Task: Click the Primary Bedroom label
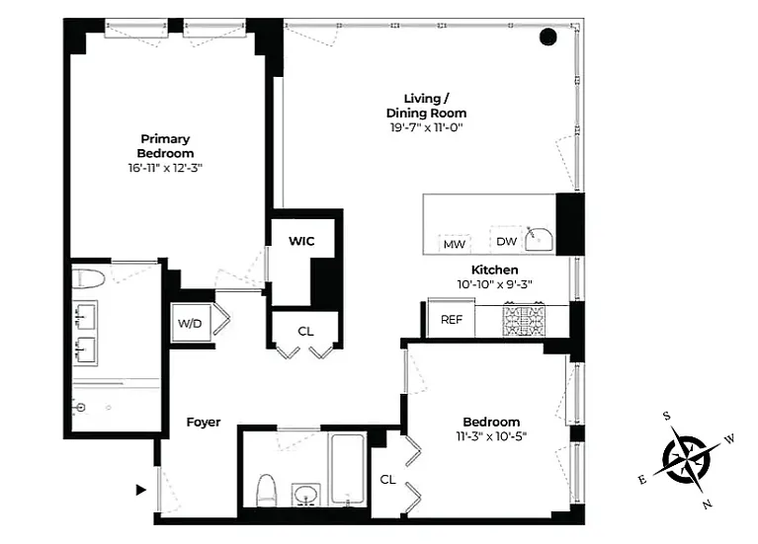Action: [165, 146]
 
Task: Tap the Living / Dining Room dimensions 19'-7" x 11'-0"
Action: [426, 127]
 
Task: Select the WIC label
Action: [301, 241]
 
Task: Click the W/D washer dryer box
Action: [191, 323]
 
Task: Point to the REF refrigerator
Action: [452, 319]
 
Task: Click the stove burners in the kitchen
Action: [524, 320]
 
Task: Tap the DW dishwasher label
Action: [506, 241]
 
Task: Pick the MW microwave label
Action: [455, 245]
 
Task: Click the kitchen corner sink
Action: [539, 239]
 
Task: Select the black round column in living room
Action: [548, 37]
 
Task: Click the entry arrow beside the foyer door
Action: [141, 490]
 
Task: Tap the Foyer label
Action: [204, 423]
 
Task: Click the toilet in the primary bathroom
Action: [89, 279]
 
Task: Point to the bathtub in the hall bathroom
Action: [347, 470]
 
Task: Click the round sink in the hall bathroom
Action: [305, 495]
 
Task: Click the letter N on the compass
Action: [708, 505]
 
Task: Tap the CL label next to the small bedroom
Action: [387, 479]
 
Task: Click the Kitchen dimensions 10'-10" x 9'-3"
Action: [494, 284]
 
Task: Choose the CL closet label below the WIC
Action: [305, 332]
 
